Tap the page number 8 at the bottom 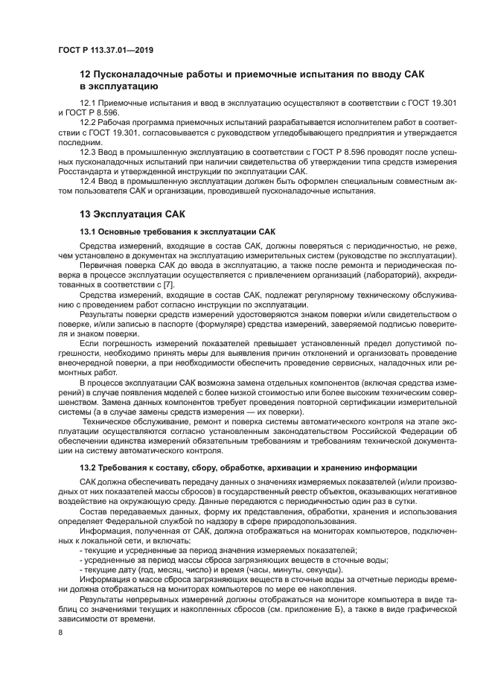tap(60, 631)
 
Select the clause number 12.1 tap(88, 103)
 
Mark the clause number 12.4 tap(88, 180)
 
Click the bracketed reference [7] tap(168, 284)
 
